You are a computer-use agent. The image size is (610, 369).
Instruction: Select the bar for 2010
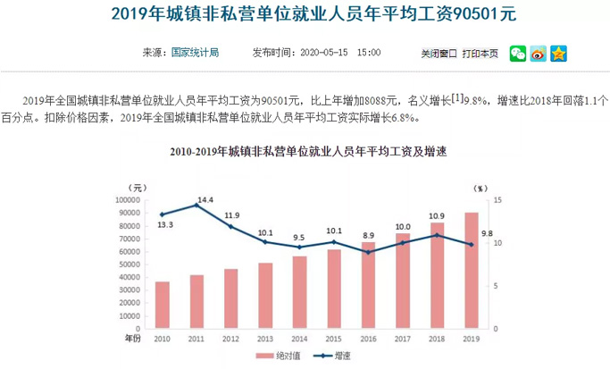pos(162,305)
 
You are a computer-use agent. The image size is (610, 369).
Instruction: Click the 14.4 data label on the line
pos(205,198)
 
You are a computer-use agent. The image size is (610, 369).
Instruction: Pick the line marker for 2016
pos(368,252)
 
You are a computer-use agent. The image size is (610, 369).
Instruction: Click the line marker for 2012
pos(230,226)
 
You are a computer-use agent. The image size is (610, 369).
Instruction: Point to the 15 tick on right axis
pos(497,201)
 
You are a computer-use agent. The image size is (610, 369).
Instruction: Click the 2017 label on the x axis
pos(402,339)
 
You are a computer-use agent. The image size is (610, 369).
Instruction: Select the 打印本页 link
pos(480,54)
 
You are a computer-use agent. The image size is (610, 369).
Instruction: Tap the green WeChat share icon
pos(518,54)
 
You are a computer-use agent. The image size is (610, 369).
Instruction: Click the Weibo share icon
pos(538,54)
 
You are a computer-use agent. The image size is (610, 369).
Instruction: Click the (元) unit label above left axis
pos(135,188)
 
